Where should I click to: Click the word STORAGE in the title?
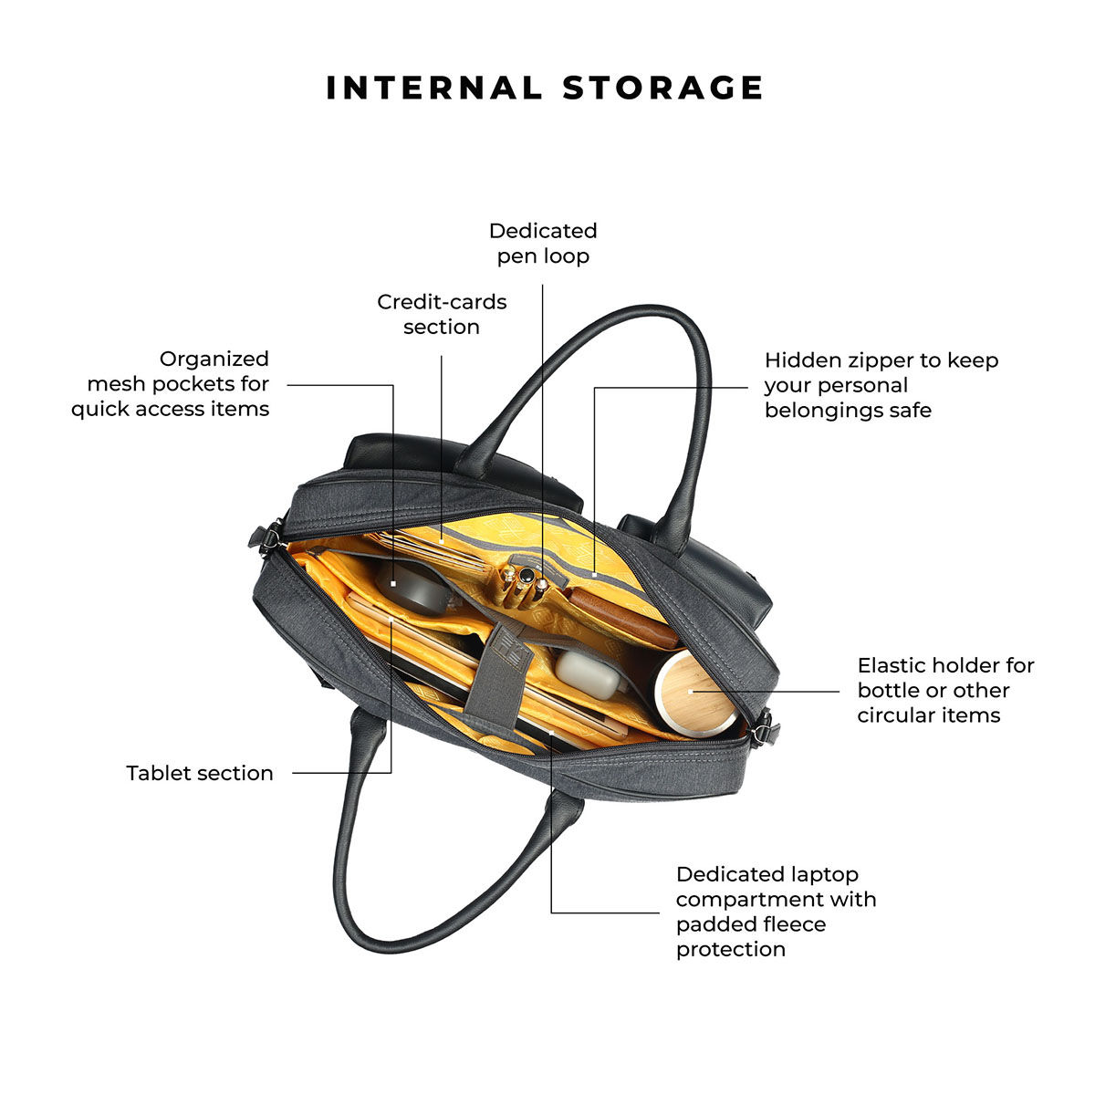click(x=663, y=88)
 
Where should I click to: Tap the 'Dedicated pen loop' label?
click(x=543, y=243)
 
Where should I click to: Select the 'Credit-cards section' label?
click(x=442, y=314)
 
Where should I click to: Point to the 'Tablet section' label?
click(x=200, y=773)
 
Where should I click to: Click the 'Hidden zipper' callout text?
click(x=881, y=385)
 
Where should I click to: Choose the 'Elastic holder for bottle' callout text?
click(x=945, y=690)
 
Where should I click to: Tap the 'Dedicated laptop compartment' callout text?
click(x=776, y=912)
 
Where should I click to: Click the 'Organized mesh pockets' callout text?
click(x=171, y=383)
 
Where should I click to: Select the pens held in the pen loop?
click(x=523, y=584)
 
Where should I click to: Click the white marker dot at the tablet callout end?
click(x=391, y=622)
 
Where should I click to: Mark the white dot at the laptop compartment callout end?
click(x=552, y=731)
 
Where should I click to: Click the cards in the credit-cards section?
click(x=438, y=548)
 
